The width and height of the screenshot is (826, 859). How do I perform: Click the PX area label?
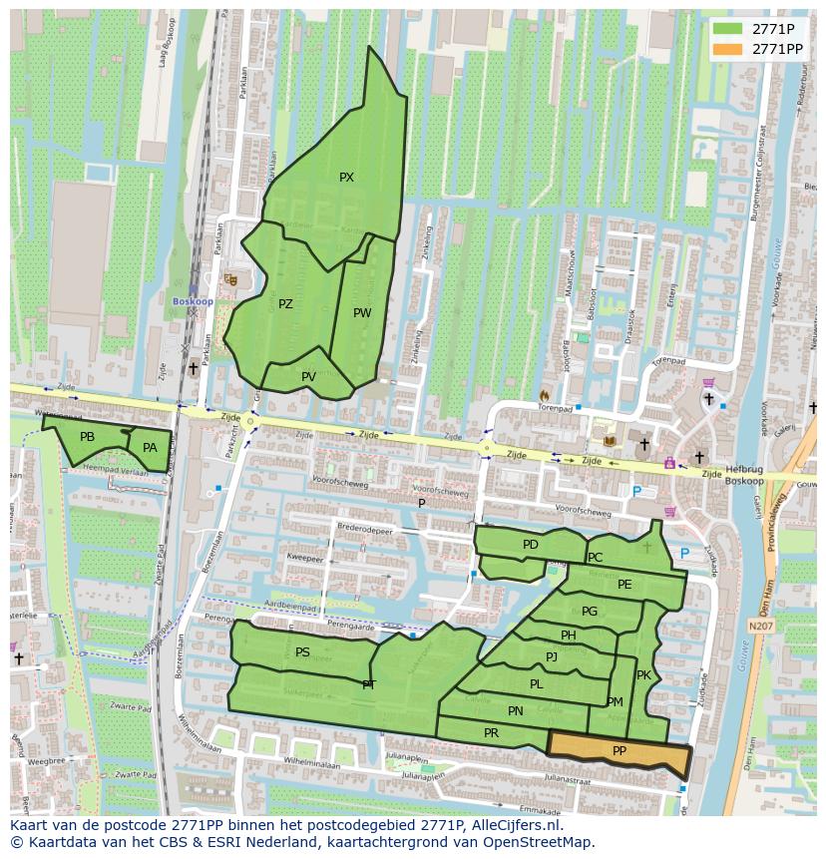point(346,178)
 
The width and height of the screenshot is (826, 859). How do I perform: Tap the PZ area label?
point(285,304)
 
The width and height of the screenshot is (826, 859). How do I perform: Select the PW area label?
point(362,313)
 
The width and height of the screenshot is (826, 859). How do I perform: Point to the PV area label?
point(308,377)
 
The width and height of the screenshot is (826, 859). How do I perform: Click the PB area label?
point(87,437)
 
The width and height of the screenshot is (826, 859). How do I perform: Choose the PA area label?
point(150,448)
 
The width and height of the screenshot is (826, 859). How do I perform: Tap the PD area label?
point(530,545)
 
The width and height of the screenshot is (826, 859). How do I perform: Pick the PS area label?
point(302,652)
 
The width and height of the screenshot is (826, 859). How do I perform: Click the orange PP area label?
point(619,751)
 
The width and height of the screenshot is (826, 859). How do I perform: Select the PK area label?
point(643,675)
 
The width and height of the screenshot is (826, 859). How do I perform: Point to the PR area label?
point(491,733)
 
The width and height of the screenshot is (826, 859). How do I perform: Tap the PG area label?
point(590,612)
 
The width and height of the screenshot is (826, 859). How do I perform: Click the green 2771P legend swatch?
point(728,29)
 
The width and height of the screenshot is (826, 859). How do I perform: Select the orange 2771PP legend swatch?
point(728,49)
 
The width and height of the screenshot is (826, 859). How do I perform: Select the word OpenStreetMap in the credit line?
point(541,842)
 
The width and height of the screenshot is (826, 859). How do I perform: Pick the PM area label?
point(615,702)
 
